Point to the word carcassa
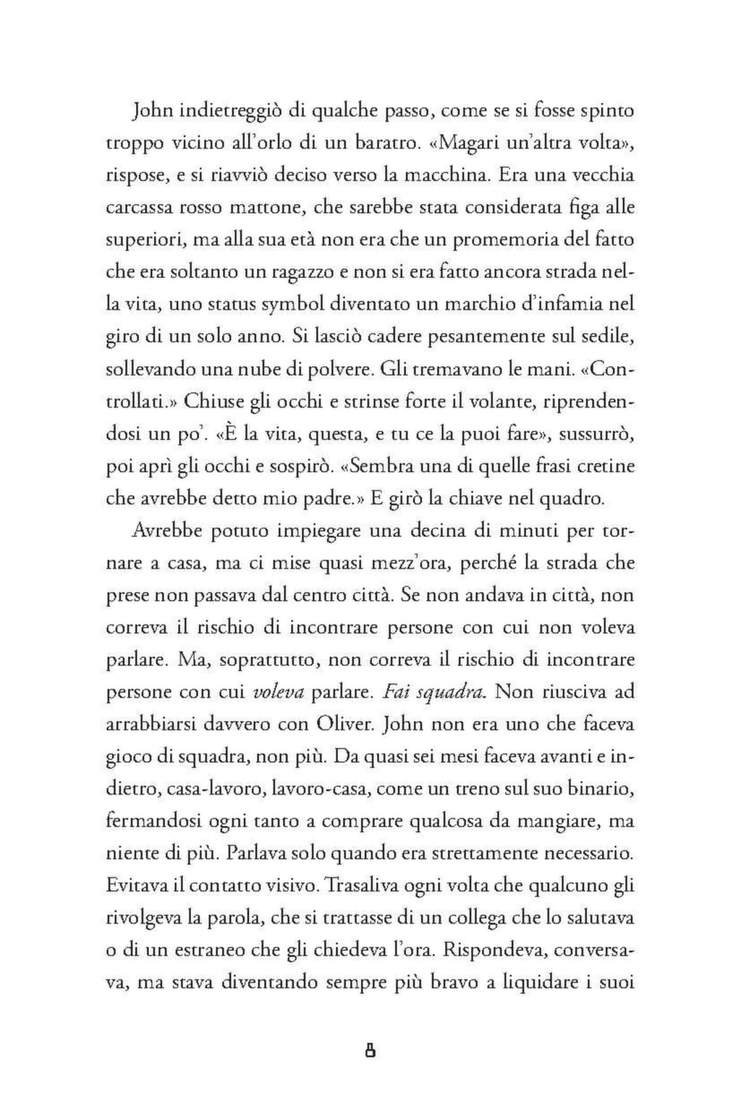[x=139, y=208]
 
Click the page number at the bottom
[x=370, y=1050]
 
